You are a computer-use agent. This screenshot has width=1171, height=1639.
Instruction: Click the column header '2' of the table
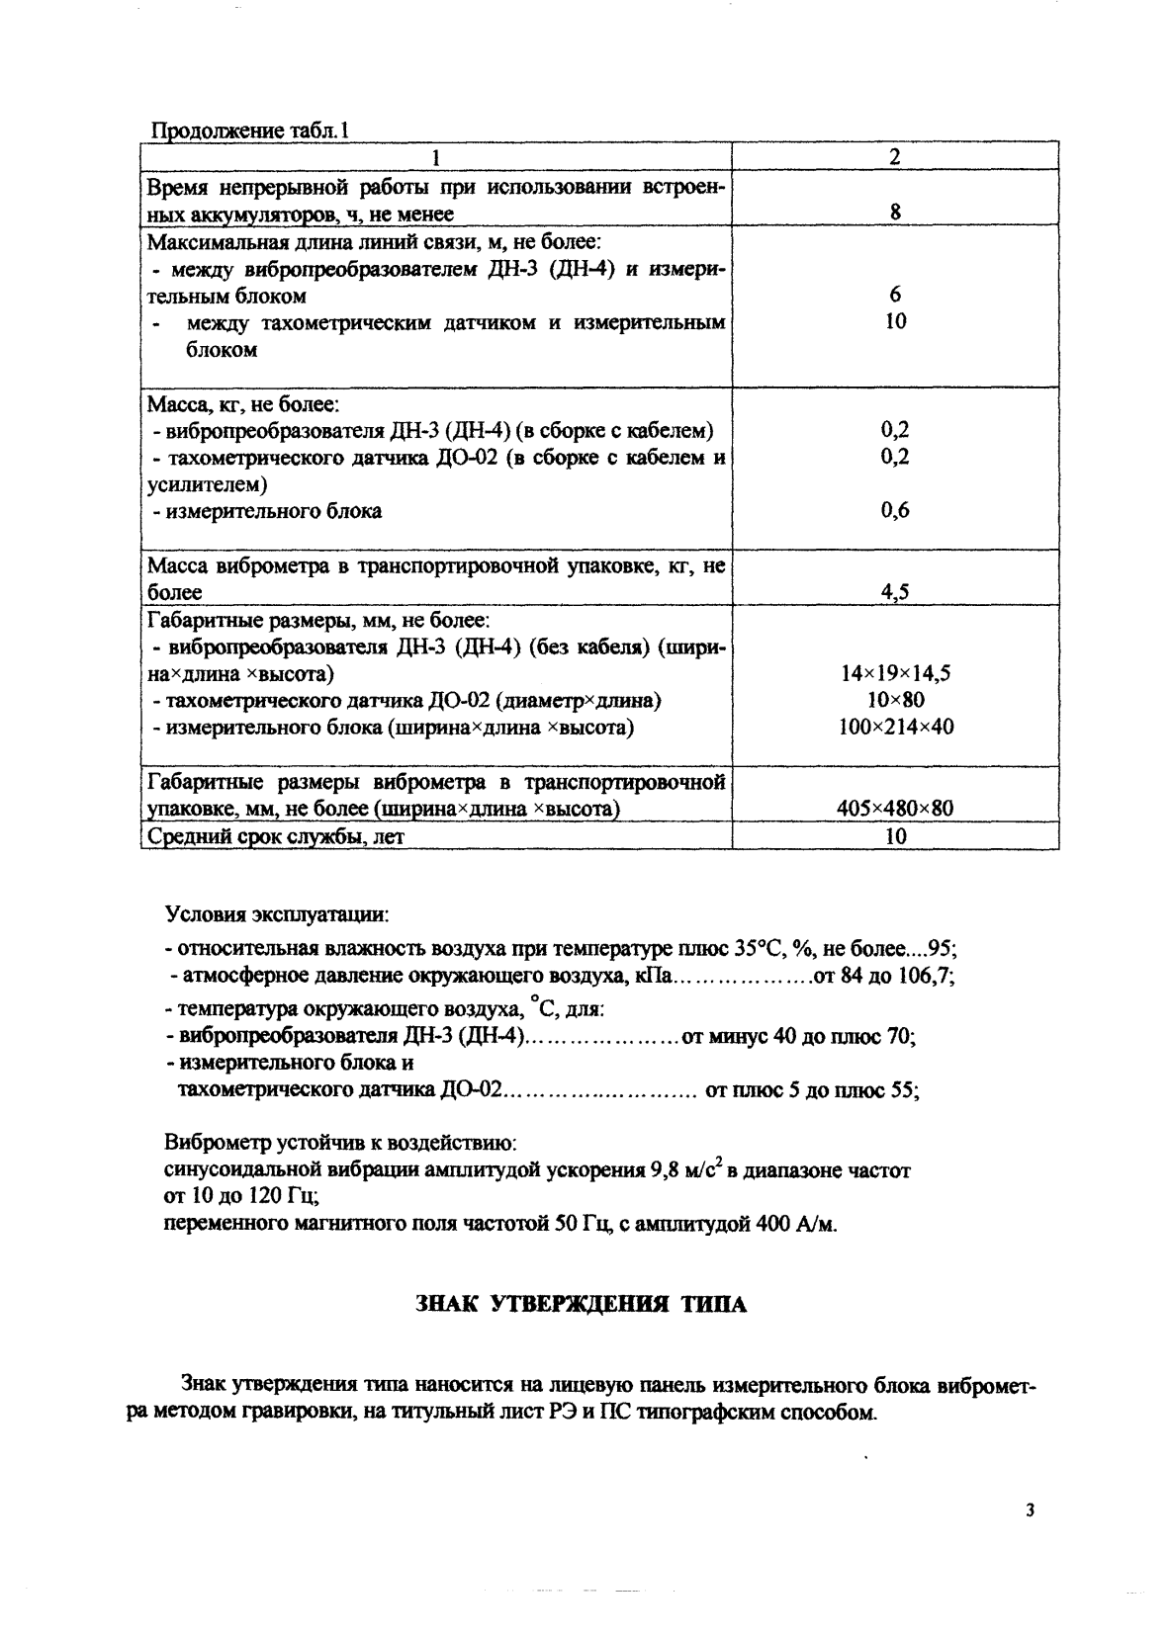tap(894, 157)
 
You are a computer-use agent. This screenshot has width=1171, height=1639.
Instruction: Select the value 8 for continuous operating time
tap(895, 213)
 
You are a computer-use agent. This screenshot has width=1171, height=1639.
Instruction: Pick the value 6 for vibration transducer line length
tap(895, 295)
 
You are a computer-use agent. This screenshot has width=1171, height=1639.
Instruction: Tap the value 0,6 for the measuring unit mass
tap(895, 511)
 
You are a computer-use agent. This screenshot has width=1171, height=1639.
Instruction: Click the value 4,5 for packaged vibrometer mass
tap(895, 592)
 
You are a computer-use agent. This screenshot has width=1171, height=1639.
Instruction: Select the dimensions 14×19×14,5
tap(895, 674)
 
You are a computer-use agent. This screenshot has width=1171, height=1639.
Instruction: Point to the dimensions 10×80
tap(895, 701)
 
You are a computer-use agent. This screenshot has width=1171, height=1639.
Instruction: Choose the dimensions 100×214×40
tap(895, 728)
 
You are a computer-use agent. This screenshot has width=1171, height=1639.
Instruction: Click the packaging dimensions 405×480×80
tap(895, 809)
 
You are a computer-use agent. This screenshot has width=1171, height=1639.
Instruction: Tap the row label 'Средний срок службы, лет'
tap(276, 836)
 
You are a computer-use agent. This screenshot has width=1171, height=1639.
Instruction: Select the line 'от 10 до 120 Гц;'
tap(240, 1197)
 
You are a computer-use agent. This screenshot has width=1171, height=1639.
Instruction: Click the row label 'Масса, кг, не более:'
tap(243, 404)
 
